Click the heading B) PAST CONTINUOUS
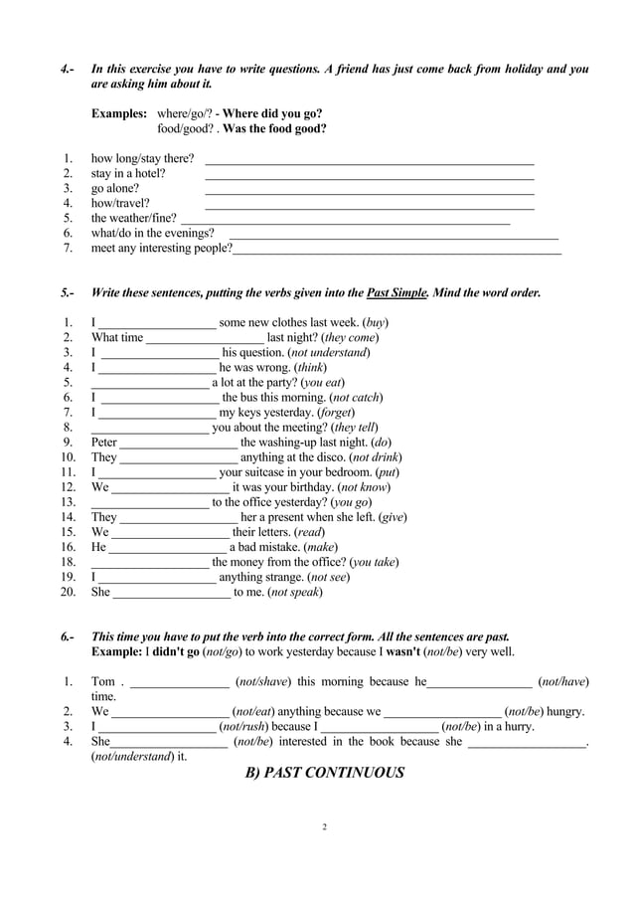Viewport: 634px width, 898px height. click(x=324, y=773)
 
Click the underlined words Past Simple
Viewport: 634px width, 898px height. click(x=397, y=293)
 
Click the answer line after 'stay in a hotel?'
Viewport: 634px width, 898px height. click(x=369, y=175)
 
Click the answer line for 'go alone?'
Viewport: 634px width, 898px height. click(x=369, y=190)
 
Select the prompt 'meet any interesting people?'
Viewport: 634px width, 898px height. click(x=161, y=249)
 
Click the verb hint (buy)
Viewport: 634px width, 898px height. click(x=375, y=323)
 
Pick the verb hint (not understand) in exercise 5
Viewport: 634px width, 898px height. click(x=329, y=352)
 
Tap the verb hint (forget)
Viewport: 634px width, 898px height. click(x=336, y=412)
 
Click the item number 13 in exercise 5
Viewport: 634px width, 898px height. click(x=68, y=502)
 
